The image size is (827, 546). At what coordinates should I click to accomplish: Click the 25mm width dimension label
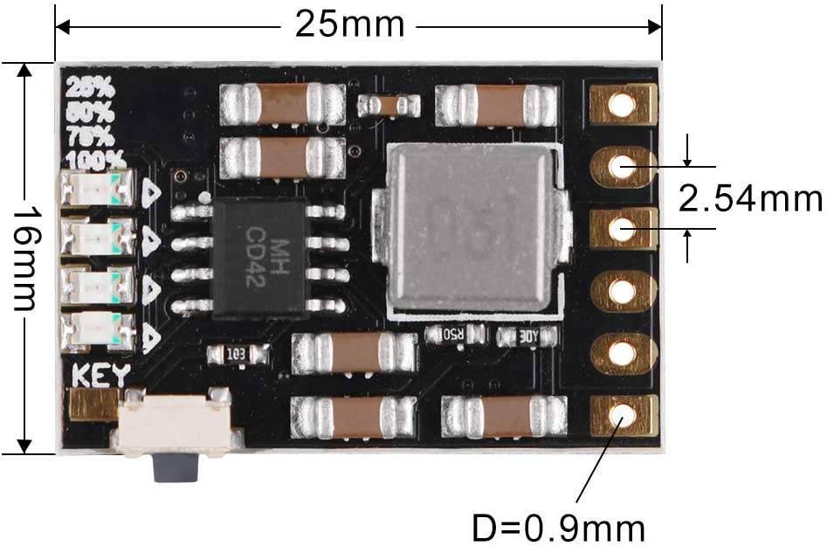click(349, 24)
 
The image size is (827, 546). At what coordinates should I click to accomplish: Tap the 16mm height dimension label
click(24, 259)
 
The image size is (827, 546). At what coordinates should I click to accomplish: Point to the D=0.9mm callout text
click(559, 528)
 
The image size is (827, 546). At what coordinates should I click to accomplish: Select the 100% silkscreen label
click(94, 160)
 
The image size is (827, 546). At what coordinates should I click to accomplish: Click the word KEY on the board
click(100, 376)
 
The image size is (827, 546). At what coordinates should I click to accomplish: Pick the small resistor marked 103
click(237, 354)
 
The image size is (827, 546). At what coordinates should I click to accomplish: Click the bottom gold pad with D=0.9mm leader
click(623, 415)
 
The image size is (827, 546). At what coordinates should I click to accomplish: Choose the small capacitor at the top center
click(389, 106)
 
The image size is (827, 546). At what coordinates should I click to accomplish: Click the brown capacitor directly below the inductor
click(354, 353)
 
